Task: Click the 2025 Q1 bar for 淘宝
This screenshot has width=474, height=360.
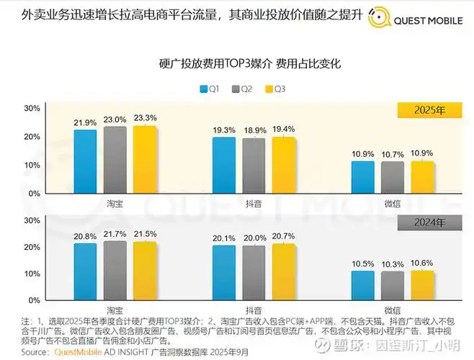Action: [85, 161]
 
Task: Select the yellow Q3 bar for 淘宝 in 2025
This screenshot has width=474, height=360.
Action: [145, 160]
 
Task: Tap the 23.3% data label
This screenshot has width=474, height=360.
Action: [145, 118]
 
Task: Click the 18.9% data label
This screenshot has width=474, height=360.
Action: [254, 130]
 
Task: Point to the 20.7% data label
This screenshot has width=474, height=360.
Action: [284, 236]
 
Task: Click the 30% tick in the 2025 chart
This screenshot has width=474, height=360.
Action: [32, 108]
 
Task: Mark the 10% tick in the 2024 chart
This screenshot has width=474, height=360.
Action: [32, 274]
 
